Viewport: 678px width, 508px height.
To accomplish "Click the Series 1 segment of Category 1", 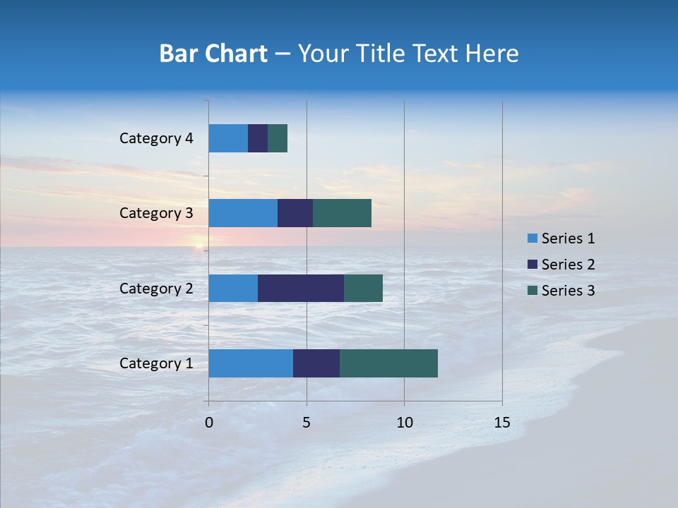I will pyautogui.click(x=251, y=363).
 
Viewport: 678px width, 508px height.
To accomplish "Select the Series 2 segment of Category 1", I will pyautogui.click(x=316, y=363).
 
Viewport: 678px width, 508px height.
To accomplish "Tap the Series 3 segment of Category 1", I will pyautogui.click(x=388, y=363).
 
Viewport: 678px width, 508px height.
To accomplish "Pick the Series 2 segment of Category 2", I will pyautogui.click(x=301, y=288).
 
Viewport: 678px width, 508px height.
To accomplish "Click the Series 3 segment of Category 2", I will pyautogui.click(x=363, y=288).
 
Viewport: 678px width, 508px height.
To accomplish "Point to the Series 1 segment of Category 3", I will pyautogui.click(x=243, y=213).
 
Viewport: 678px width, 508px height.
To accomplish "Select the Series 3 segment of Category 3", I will pyautogui.click(x=342, y=213).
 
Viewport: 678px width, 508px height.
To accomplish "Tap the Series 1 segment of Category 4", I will pyautogui.click(x=228, y=138).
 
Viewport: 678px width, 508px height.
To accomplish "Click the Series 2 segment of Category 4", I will pyautogui.click(x=258, y=138).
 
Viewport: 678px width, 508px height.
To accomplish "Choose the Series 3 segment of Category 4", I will pyautogui.click(x=278, y=138).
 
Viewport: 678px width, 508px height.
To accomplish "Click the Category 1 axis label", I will pyautogui.click(x=156, y=363).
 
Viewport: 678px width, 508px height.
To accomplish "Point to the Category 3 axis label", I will pyautogui.click(x=156, y=213).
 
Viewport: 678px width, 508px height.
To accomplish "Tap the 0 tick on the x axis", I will pyautogui.click(x=209, y=423).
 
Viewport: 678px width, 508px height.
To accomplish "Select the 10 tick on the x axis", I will pyautogui.click(x=404, y=423).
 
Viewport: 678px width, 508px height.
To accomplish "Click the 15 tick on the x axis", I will pyautogui.click(x=502, y=423).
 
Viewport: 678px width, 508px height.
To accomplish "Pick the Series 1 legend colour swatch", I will pyautogui.click(x=532, y=238).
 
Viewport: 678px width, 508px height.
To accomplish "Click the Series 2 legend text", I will pyautogui.click(x=568, y=265).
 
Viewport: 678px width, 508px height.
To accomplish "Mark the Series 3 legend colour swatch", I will pyautogui.click(x=532, y=291).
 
